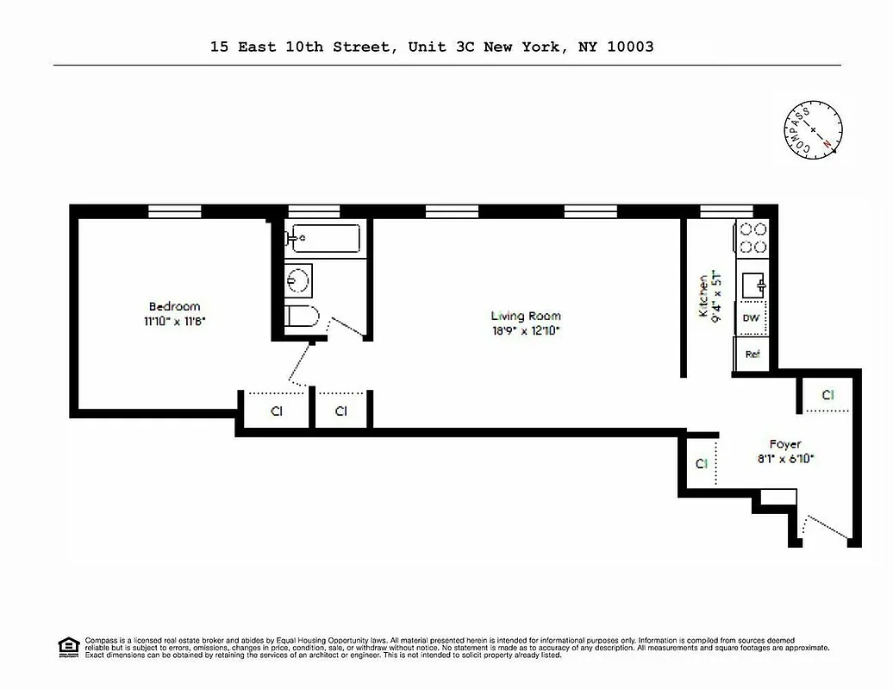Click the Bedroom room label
click(174, 306)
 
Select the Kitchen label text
click(703, 296)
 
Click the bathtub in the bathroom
click(325, 237)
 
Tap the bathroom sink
click(299, 279)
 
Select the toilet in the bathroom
click(303, 317)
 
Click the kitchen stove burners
click(751, 238)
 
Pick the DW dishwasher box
click(751, 318)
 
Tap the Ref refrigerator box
click(752, 354)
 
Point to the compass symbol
click(814, 129)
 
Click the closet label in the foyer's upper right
click(827, 395)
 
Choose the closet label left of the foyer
click(702, 463)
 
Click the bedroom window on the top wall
click(174, 210)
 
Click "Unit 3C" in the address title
click(438, 47)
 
